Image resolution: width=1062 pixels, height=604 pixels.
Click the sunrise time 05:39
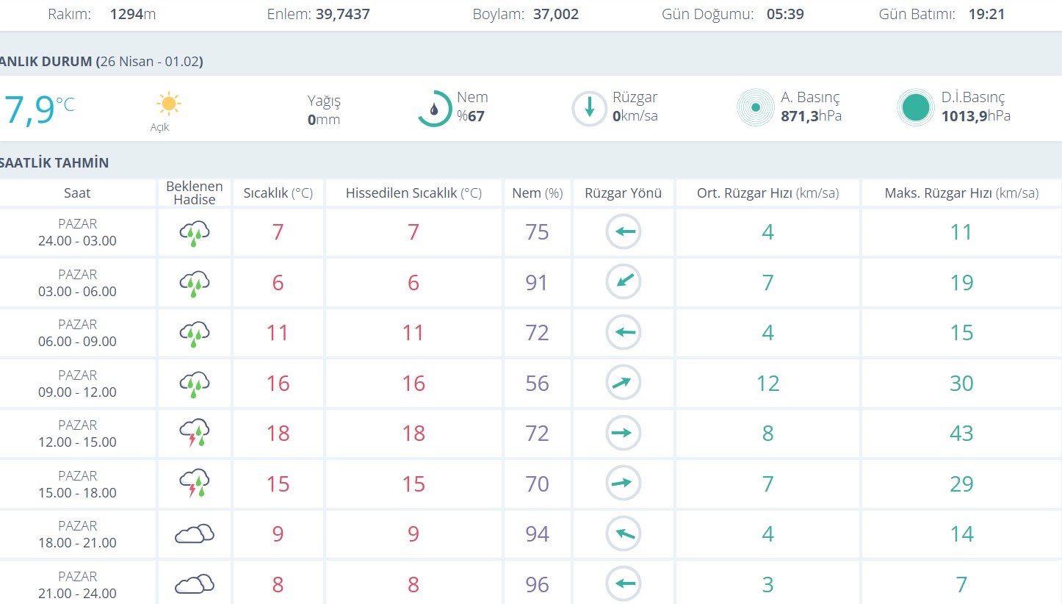[x=784, y=14]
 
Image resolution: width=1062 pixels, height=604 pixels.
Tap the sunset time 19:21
[x=986, y=14]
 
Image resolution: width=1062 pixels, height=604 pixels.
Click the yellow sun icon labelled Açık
[x=168, y=104]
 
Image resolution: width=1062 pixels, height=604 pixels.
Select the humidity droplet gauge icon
[x=434, y=109]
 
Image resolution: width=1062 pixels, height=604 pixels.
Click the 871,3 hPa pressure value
[x=811, y=116]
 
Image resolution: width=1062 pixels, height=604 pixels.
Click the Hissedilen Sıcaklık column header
[x=413, y=193]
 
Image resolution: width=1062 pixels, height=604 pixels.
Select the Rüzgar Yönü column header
[x=623, y=193]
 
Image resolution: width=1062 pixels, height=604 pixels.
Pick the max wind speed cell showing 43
[x=961, y=434]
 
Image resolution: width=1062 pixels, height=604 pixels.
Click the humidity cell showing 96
[x=537, y=585]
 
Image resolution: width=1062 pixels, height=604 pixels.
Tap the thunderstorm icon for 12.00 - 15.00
[x=195, y=433]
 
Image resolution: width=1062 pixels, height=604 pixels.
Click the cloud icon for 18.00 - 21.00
[x=195, y=534]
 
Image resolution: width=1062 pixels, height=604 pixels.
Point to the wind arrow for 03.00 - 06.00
[x=624, y=282]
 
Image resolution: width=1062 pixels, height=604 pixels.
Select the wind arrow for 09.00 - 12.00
[x=624, y=383]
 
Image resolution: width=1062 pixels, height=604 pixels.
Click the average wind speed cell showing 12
[x=767, y=384]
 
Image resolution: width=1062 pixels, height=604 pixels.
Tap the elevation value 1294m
[x=132, y=14]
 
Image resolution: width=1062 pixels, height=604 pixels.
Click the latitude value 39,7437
[x=342, y=14]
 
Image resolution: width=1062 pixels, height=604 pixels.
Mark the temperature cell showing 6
[x=278, y=283]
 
